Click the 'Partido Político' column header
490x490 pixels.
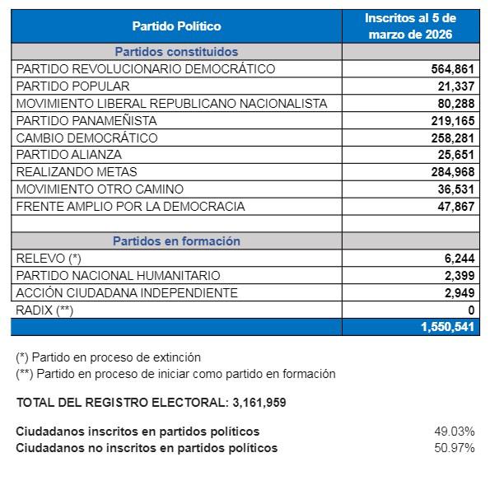coord(176,26)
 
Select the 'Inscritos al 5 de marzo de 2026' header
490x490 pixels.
coord(411,26)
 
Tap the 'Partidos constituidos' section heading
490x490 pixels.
coord(176,51)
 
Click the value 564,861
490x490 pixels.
coord(453,69)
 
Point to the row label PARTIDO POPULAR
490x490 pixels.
coord(73,86)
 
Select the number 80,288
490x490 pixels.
coord(457,104)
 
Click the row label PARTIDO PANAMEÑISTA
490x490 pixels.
coord(86,120)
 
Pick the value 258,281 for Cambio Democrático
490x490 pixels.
coord(453,138)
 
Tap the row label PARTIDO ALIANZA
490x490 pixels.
coord(69,155)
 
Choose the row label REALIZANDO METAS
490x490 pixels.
coord(77,172)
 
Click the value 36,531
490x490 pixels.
coord(457,189)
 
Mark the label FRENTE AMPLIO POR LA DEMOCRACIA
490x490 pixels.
coord(130,207)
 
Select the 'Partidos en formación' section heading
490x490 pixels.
coord(176,241)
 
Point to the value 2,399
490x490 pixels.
coord(460,276)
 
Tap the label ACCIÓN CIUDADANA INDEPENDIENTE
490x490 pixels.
coord(127,293)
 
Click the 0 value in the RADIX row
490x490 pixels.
coord(471,310)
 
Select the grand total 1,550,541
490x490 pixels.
coord(448,327)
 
